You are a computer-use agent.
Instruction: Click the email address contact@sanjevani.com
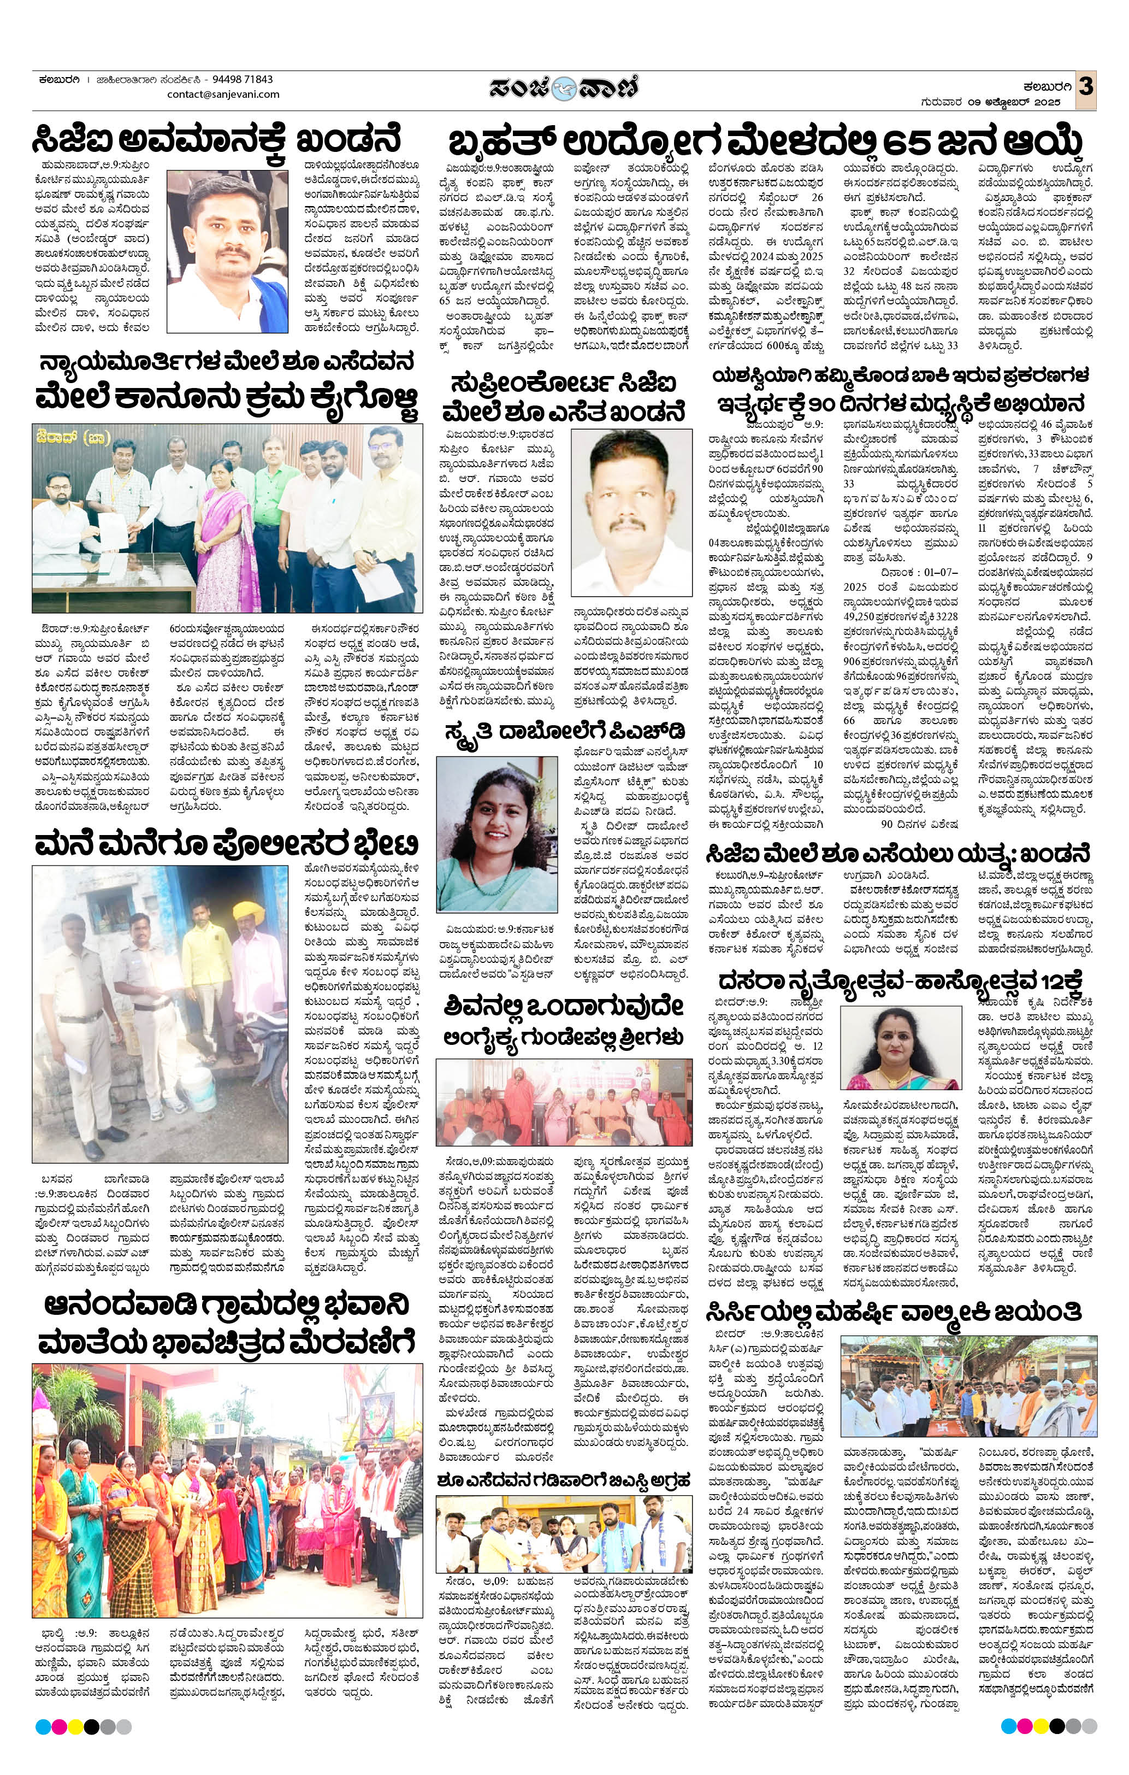point(223,95)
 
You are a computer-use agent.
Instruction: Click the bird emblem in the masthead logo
point(564,86)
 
